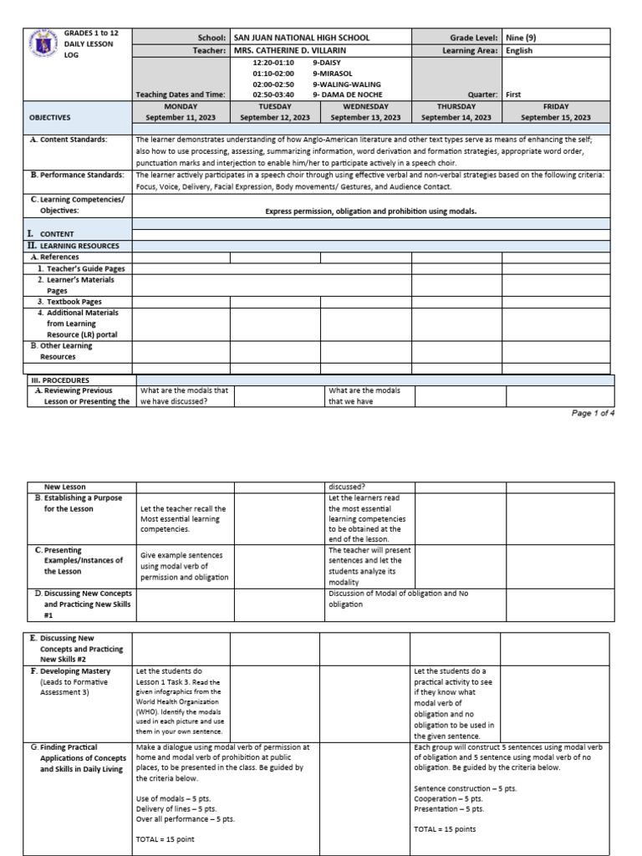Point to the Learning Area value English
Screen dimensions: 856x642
point(519,50)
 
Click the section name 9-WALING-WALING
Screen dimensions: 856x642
point(346,84)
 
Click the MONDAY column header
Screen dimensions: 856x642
point(181,107)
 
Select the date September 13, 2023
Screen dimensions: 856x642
point(365,118)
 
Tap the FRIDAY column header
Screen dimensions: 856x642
point(556,107)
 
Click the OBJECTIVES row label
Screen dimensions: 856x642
point(50,118)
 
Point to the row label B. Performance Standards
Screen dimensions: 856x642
point(76,175)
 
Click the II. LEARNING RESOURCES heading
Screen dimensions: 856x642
point(72,246)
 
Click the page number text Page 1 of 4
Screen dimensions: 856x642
point(593,413)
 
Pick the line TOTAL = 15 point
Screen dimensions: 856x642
point(165,838)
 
